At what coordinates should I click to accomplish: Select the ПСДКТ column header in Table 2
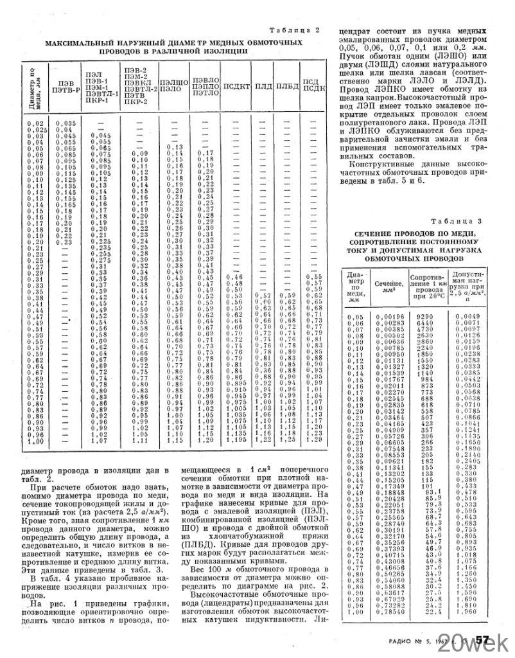pyautogui.click(x=236, y=85)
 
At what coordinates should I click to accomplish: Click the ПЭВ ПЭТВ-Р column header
pyautogui.click(x=65, y=86)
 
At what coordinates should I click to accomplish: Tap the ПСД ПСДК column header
pyautogui.click(x=311, y=85)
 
